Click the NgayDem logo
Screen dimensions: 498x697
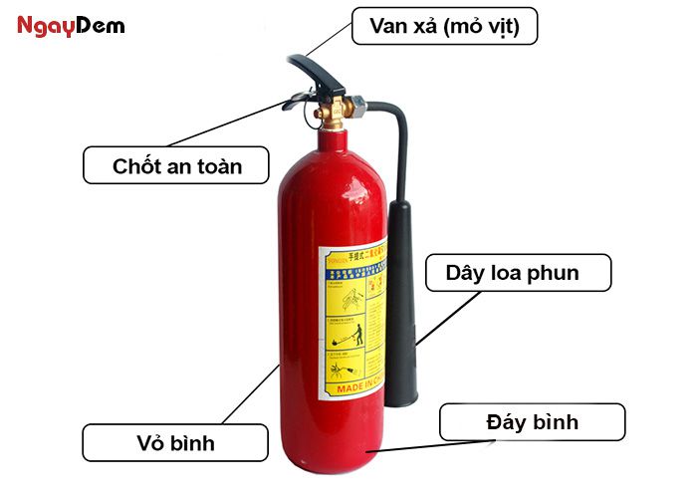point(71,25)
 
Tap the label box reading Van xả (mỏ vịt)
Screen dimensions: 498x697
point(445,26)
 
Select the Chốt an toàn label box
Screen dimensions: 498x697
point(176,165)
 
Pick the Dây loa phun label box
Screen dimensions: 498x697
point(518,272)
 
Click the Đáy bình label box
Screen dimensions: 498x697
point(532,422)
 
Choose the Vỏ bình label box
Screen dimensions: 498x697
point(175,440)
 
